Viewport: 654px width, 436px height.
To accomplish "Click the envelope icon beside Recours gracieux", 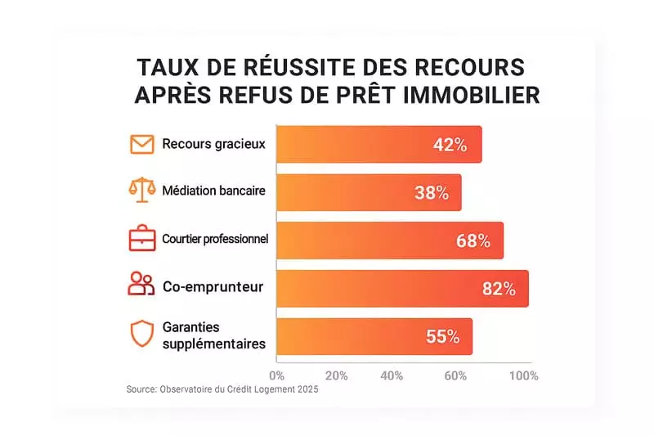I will (x=141, y=145).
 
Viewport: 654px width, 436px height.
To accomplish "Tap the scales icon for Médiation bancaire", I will (x=141, y=191).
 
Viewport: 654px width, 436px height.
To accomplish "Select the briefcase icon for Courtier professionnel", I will (x=141, y=239).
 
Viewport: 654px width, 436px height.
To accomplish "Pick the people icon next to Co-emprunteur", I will (x=141, y=285).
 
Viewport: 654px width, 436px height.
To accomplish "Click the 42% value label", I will (x=450, y=146).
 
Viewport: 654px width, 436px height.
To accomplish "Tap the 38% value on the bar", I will (x=431, y=193).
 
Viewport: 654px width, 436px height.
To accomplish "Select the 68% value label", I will (x=473, y=240).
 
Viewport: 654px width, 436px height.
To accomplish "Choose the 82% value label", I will (x=498, y=288).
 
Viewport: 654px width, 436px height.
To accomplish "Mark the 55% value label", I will (x=442, y=336).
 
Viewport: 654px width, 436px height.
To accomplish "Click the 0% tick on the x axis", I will (x=276, y=376).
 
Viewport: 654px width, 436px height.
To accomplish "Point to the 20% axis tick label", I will (x=336, y=376).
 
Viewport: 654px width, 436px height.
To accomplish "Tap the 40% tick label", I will (x=392, y=376).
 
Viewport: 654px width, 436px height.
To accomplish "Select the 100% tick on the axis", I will (x=523, y=376).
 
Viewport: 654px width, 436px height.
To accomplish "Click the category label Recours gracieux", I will (x=213, y=145).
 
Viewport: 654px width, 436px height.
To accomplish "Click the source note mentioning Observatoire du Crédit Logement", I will (x=222, y=390).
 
